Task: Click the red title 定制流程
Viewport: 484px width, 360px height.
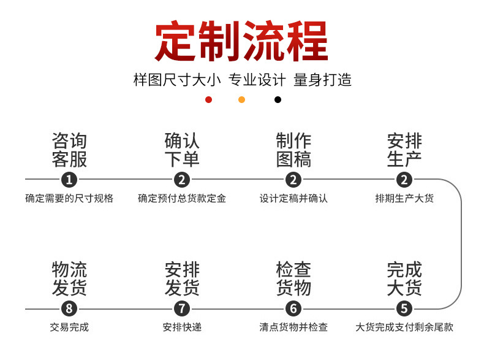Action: (241, 41)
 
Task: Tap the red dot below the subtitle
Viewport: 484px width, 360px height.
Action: (208, 99)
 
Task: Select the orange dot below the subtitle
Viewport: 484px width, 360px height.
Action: (241, 99)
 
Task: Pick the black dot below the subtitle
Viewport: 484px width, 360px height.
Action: (278, 99)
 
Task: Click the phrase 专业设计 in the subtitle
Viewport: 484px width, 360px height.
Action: (257, 80)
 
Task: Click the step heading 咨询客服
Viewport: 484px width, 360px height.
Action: (69, 150)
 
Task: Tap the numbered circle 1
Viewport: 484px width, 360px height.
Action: (69, 180)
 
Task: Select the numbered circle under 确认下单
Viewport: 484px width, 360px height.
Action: (182, 180)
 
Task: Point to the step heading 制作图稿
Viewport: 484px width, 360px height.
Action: (293, 150)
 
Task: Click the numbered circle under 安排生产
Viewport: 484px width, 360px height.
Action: (404, 180)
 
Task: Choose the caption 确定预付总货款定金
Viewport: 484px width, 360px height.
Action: (182, 199)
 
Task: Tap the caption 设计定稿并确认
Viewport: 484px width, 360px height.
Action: (293, 199)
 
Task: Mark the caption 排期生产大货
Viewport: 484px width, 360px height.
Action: (404, 199)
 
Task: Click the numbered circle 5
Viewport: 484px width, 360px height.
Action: (404, 308)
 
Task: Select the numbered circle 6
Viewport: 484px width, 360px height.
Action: (293, 308)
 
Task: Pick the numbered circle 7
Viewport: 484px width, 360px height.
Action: (182, 308)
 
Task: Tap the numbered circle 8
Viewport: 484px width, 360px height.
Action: (69, 308)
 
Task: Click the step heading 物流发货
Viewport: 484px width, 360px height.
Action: (69, 278)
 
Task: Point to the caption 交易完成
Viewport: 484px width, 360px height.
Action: (69, 327)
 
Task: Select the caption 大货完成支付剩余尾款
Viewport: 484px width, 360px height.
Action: (404, 327)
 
